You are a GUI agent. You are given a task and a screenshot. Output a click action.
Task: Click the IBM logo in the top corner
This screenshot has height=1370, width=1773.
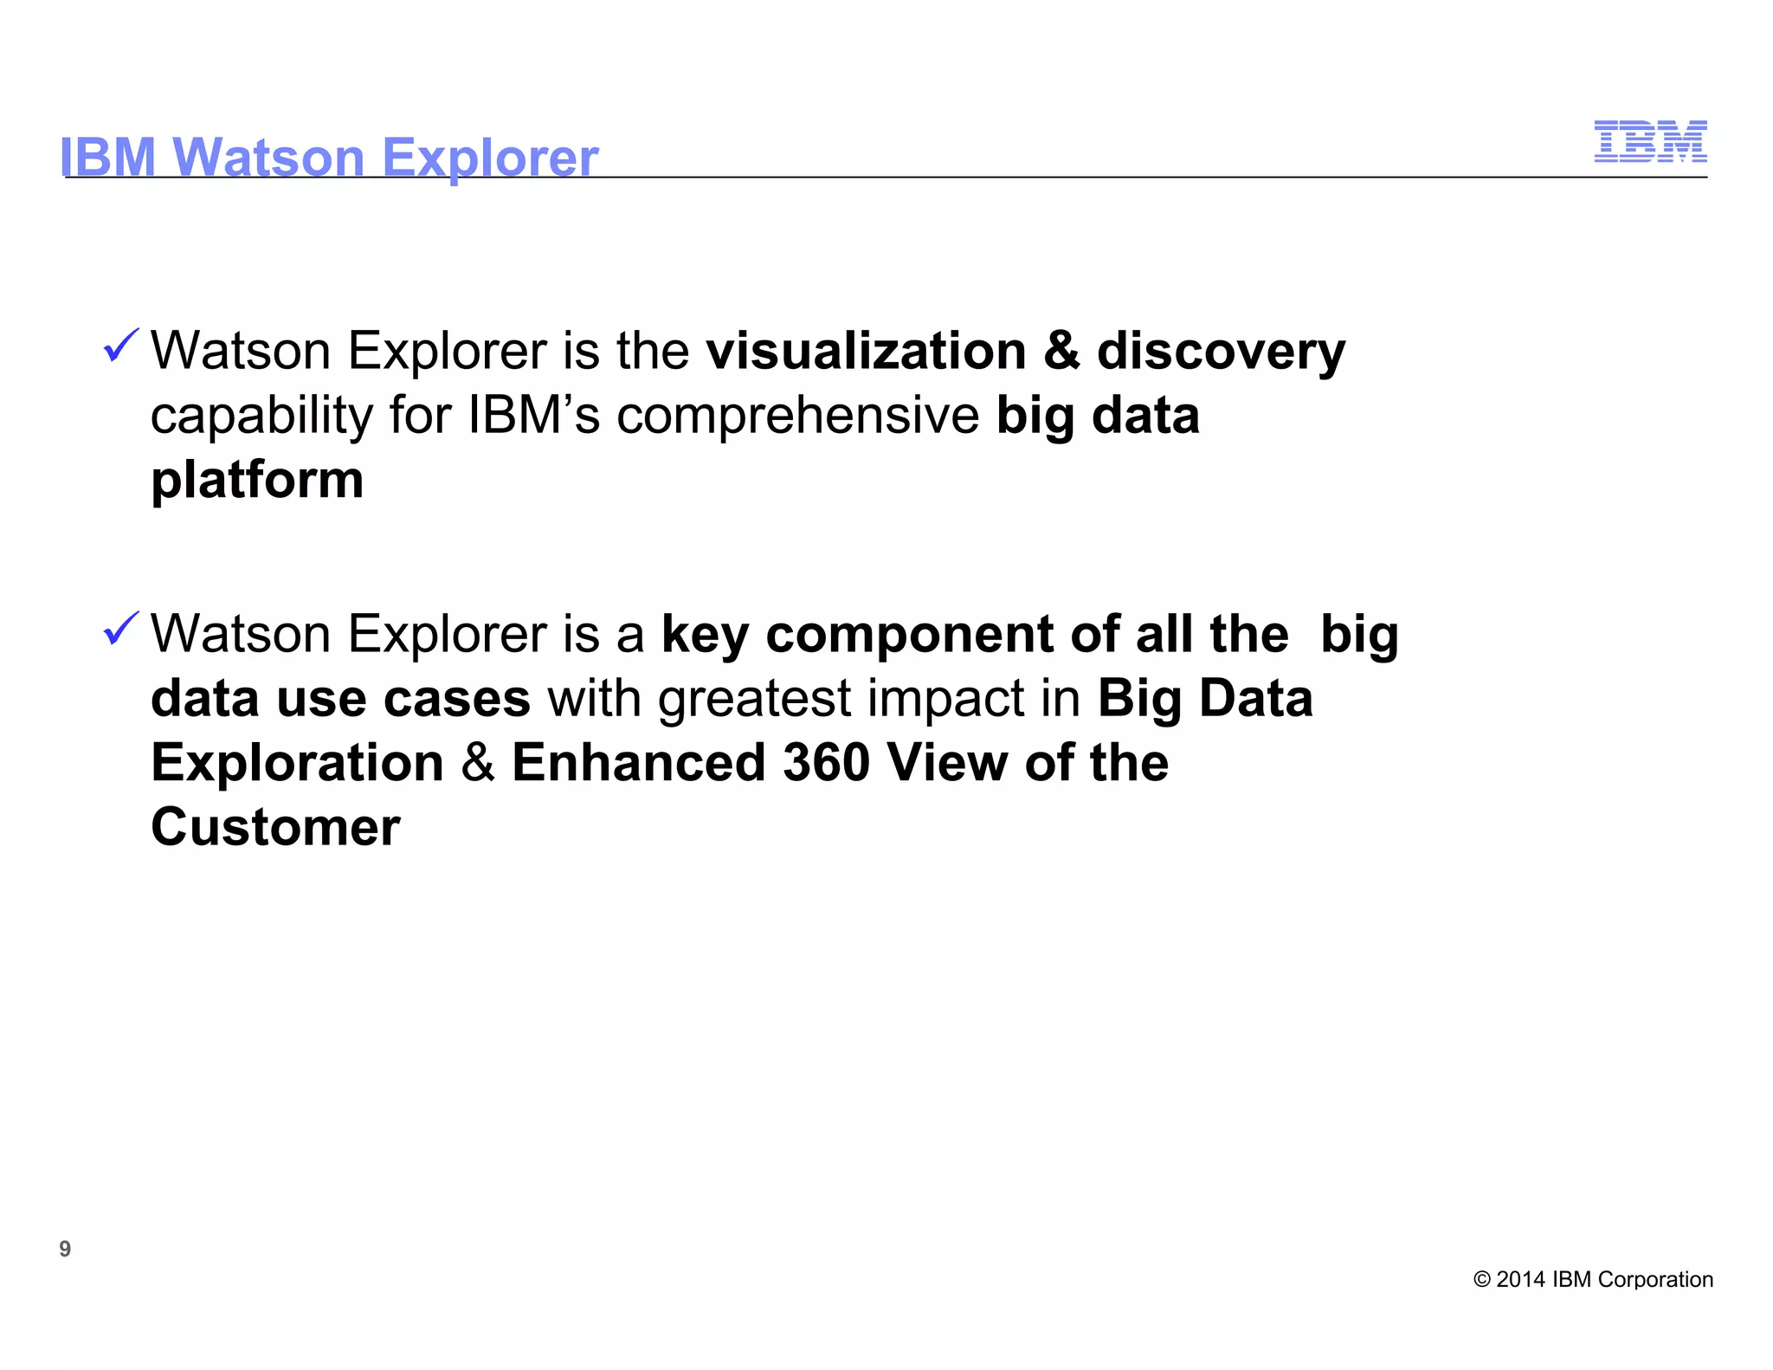coord(1650,141)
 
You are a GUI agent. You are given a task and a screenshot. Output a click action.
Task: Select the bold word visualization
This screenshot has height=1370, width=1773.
coord(865,351)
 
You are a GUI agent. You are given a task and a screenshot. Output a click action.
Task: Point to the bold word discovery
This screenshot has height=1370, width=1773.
coord(1221,351)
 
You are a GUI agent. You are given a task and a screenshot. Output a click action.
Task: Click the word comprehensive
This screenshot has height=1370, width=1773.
coord(797,416)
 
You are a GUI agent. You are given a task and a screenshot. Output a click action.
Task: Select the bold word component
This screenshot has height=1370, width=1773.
coord(909,635)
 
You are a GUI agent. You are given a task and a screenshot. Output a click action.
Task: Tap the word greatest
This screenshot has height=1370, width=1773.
coord(755,700)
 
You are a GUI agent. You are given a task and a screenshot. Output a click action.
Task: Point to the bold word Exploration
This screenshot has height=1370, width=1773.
coord(297,763)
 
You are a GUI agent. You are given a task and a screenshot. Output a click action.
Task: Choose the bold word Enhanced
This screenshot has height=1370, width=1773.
coord(639,763)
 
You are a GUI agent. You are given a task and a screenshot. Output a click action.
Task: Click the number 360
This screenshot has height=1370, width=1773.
coord(826,763)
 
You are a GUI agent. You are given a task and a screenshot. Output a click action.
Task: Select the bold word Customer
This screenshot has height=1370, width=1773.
coord(275,827)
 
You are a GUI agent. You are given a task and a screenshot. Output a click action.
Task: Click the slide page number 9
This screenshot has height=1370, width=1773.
coord(65,1249)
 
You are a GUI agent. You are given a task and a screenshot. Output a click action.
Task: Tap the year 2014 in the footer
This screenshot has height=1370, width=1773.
coord(1520,1280)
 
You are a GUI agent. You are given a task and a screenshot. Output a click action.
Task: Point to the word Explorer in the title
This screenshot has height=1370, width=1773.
coord(490,158)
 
